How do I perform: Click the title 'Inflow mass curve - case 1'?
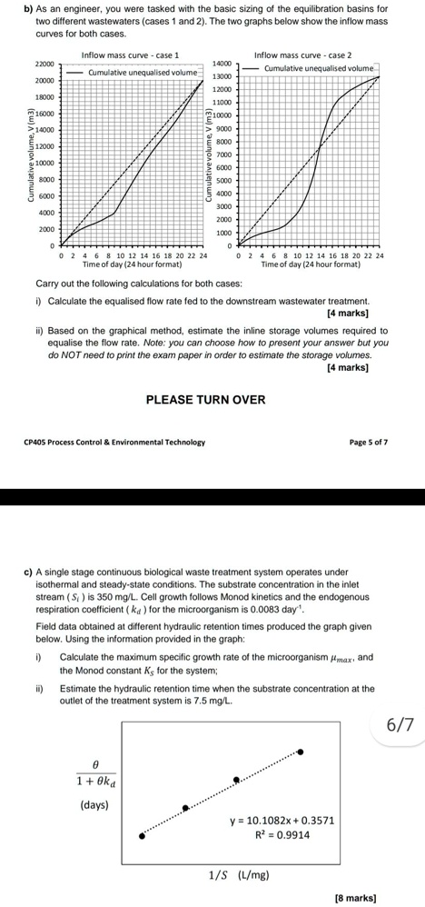130,55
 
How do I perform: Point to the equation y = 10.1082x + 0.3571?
282,821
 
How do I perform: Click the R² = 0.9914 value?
282,835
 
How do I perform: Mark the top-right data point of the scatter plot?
301,752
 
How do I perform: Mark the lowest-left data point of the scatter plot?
141,835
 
